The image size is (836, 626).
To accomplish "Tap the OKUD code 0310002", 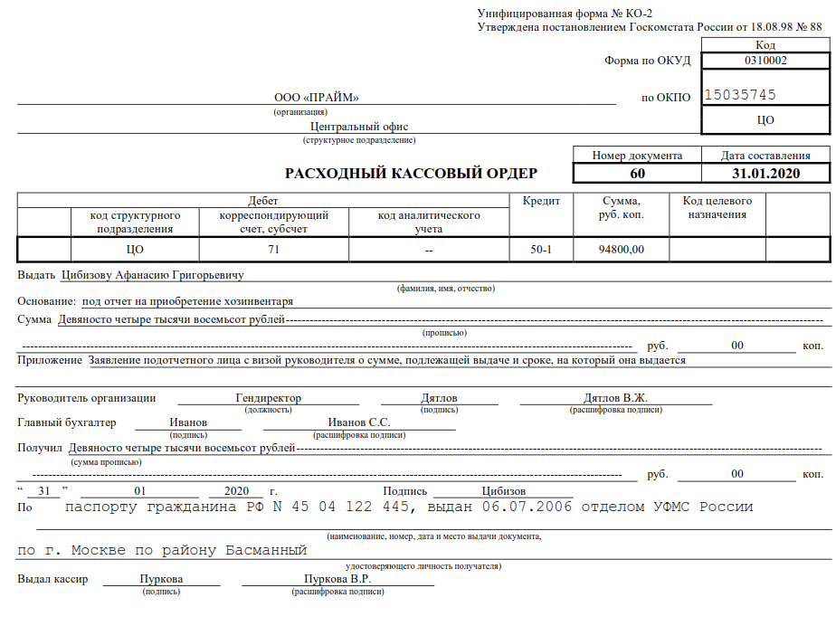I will point(765,62).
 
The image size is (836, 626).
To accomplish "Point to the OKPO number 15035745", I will point(740,95).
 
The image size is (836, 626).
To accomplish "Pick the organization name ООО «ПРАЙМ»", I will point(317,98).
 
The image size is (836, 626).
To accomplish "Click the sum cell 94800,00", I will point(622,249).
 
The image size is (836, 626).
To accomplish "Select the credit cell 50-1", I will point(541,249).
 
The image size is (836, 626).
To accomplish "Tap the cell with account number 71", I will point(273,249).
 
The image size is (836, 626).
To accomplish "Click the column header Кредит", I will point(541,201).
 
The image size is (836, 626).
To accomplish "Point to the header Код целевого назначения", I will point(717,207).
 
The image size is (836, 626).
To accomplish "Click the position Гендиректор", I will point(268,398).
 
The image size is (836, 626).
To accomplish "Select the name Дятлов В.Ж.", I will point(615,398).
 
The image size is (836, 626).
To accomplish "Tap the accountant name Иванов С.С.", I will point(359,422).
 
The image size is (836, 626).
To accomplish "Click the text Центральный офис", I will point(359,128).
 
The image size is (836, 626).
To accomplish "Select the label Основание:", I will point(47,301).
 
